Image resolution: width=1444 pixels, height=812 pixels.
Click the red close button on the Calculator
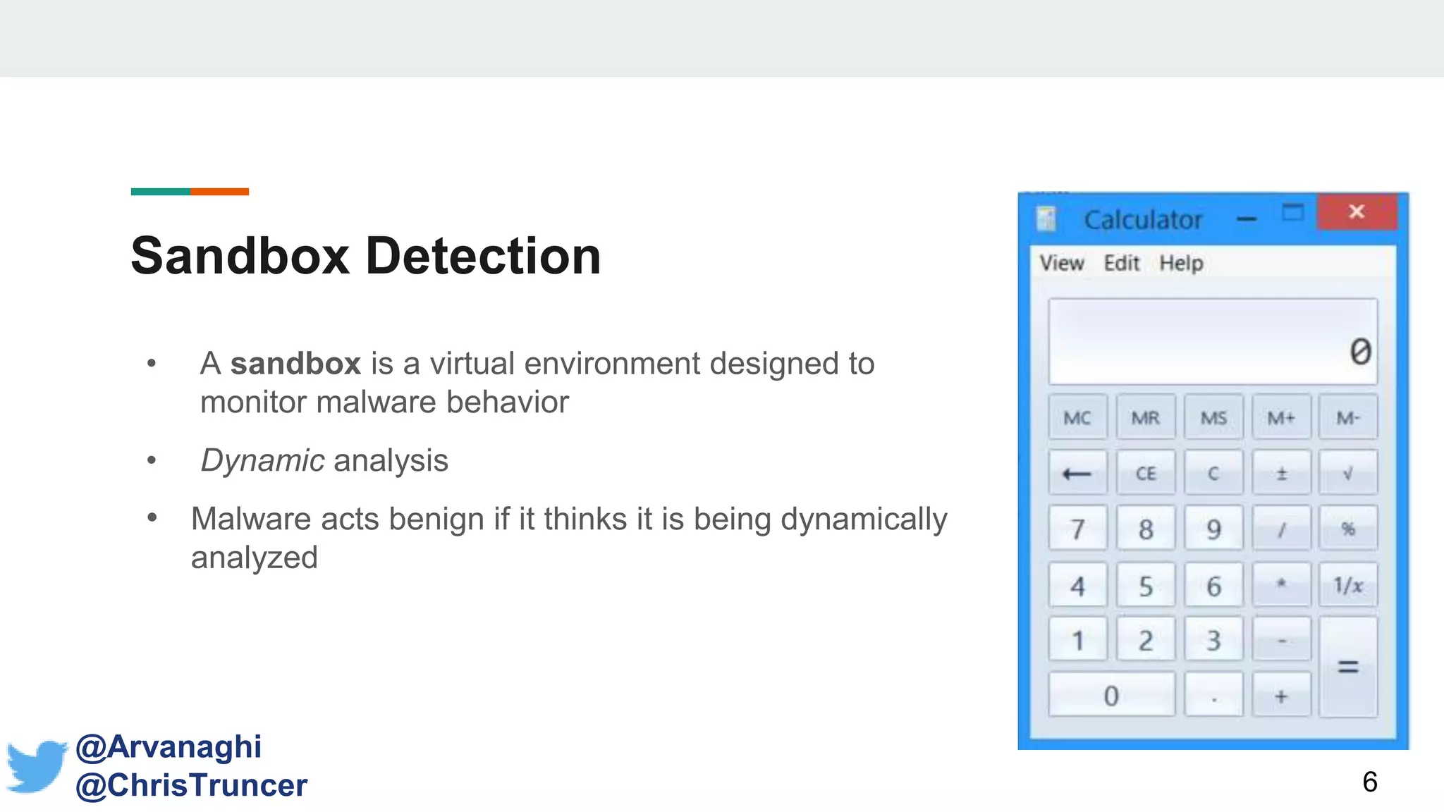pos(1357,212)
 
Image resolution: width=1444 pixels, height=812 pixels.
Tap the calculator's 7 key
pos(1077,529)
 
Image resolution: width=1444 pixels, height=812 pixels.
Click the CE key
pos(1146,473)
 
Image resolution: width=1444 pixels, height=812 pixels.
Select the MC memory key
pos(1077,418)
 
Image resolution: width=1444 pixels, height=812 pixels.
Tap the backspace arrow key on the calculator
pos(1077,473)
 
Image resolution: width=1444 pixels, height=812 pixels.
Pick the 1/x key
pos(1348,585)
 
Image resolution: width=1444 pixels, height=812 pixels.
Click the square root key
pos(1348,473)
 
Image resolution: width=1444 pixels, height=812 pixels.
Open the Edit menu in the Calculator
pos(1121,263)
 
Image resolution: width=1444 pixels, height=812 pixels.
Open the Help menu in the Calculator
pos(1181,263)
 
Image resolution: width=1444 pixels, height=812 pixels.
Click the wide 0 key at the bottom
pos(1111,696)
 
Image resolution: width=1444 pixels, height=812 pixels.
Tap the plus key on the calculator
pos(1281,696)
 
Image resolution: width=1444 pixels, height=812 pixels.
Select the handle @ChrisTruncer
pos(192,785)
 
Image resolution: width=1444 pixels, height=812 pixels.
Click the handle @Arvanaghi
pos(169,746)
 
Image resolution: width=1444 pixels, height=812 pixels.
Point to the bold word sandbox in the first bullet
pos(295,364)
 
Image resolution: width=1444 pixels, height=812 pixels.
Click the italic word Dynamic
pos(262,461)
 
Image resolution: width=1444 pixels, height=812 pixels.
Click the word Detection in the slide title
pos(483,256)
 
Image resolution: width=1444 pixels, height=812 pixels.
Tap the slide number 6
pos(1369,782)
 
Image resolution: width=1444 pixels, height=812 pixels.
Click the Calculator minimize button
pos(1247,219)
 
